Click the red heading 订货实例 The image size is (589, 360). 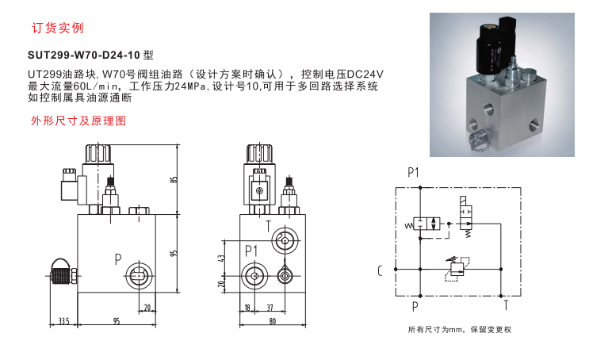tap(57, 28)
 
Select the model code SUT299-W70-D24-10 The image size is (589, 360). tap(84, 56)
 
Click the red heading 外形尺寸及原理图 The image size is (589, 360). tap(78, 121)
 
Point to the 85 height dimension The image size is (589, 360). tap(174, 179)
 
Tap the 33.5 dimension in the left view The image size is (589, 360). tap(64, 321)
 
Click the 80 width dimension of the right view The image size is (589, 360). tap(273, 321)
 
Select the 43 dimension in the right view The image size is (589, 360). tap(222, 259)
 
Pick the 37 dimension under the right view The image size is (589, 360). tap(270, 308)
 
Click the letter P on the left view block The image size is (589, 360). tap(118, 259)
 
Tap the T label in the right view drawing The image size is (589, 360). tap(268, 226)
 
